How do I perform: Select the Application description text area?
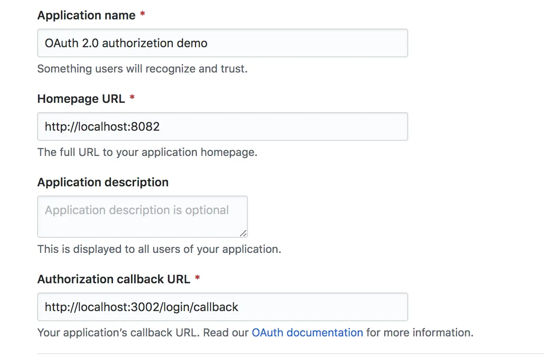pyautogui.click(x=142, y=217)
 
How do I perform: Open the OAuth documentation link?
pyautogui.click(x=307, y=333)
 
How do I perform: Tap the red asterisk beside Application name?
pyautogui.click(x=143, y=15)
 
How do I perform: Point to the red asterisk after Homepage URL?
pyautogui.click(x=132, y=98)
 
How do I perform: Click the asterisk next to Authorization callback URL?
pyautogui.click(x=197, y=279)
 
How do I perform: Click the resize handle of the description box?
pyautogui.click(x=243, y=233)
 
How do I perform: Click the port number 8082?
pyautogui.click(x=145, y=126)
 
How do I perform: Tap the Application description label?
pyautogui.click(x=103, y=182)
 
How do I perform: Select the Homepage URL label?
pyautogui.click(x=81, y=99)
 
